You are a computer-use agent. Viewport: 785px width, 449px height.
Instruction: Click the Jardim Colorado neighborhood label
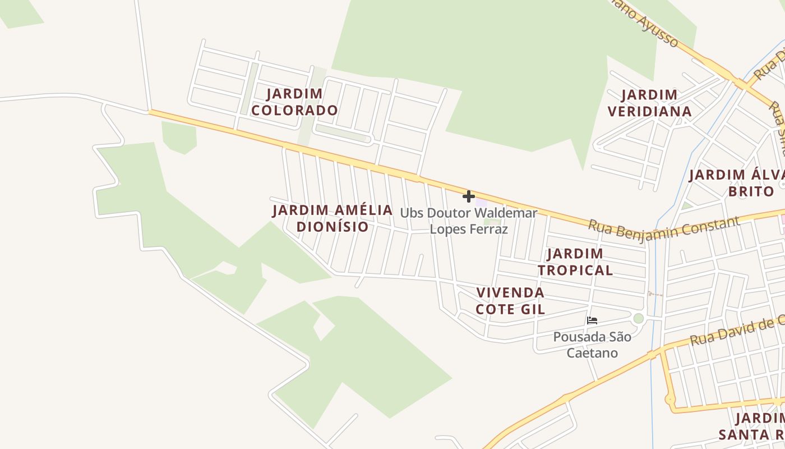(294, 102)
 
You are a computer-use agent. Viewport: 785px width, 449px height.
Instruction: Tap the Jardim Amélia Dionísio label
(333, 218)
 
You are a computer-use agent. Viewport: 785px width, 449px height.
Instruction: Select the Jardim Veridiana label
(650, 103)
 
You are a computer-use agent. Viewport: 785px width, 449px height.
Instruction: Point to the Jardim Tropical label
(575, 262)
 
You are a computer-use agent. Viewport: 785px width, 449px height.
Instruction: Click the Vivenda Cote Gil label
(510, 301)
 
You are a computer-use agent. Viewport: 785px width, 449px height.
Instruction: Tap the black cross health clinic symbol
(469, 196)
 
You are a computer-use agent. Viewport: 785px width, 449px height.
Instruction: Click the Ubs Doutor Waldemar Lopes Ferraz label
(469, 221)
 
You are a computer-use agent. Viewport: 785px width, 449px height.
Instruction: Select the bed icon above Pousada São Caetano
(592, 321)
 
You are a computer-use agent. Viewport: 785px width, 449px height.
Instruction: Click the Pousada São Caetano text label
(592, 345)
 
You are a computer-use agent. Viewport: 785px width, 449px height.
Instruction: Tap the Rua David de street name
(735, 332)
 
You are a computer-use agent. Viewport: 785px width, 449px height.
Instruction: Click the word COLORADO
(294, 110)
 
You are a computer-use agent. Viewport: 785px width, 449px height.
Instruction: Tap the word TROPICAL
(575, 270)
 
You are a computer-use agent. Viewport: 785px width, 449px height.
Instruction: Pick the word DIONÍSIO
(333, 227)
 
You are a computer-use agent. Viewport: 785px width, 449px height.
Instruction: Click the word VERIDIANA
(650, 111)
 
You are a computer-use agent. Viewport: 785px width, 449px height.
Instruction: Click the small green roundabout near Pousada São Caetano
(638, 318)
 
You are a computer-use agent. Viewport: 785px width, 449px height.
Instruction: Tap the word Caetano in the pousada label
(592, 353)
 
